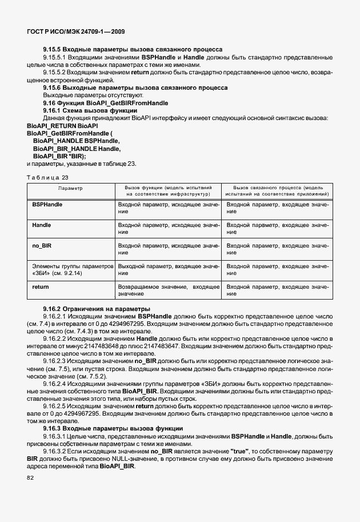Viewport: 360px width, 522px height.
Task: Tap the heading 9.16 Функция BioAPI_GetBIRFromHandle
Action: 106,103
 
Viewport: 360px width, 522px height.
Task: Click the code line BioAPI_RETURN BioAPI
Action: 62,125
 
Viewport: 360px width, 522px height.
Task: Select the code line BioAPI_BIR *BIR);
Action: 59,156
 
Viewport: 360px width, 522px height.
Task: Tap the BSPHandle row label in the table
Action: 47,204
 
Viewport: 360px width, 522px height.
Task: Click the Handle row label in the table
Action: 42,225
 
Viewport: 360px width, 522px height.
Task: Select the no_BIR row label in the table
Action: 43,245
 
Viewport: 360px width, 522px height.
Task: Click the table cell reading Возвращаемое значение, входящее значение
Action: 168,290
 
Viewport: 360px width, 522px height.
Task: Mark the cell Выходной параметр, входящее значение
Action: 168,269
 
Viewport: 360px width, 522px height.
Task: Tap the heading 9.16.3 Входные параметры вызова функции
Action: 113,428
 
